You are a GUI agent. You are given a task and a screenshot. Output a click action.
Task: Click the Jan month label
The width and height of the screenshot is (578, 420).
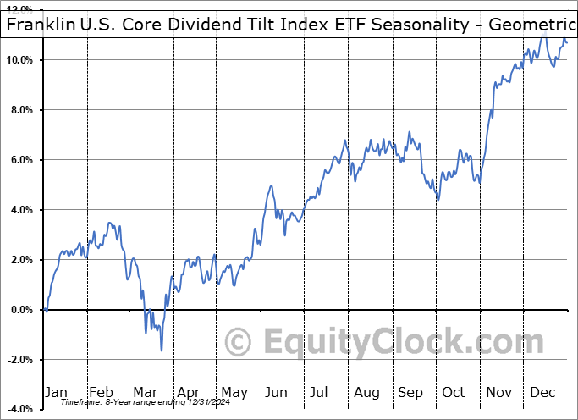[x=56, y=392]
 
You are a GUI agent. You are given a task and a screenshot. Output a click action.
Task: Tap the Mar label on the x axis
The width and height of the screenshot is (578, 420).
[x=145, y=392]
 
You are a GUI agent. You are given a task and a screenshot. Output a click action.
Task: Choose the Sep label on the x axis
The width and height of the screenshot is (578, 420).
[x=410, y=392]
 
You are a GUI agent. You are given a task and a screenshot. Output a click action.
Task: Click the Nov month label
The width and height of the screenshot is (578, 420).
[x=499, y=392]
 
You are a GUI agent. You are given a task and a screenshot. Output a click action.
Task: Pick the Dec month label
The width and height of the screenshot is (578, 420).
[x=542, y=392]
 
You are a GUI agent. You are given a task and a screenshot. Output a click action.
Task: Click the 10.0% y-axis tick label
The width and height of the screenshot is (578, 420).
[x=20, y=60]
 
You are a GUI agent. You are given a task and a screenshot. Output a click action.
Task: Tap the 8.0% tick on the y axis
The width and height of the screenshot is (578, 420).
[x=23, y=110]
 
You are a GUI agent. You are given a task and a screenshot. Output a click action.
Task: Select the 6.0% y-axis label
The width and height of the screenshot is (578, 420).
[x=23, y=160]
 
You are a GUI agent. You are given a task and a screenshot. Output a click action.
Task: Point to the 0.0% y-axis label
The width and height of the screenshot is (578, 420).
[x=23, y=310]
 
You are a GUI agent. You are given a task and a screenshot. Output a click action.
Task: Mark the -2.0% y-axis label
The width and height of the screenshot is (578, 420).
[x=21, y=360]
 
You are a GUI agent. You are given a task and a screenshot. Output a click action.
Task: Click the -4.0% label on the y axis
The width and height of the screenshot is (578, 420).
[x=21, y=410]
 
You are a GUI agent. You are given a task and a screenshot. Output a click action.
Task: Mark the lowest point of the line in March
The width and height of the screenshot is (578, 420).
[x=161, y=350]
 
